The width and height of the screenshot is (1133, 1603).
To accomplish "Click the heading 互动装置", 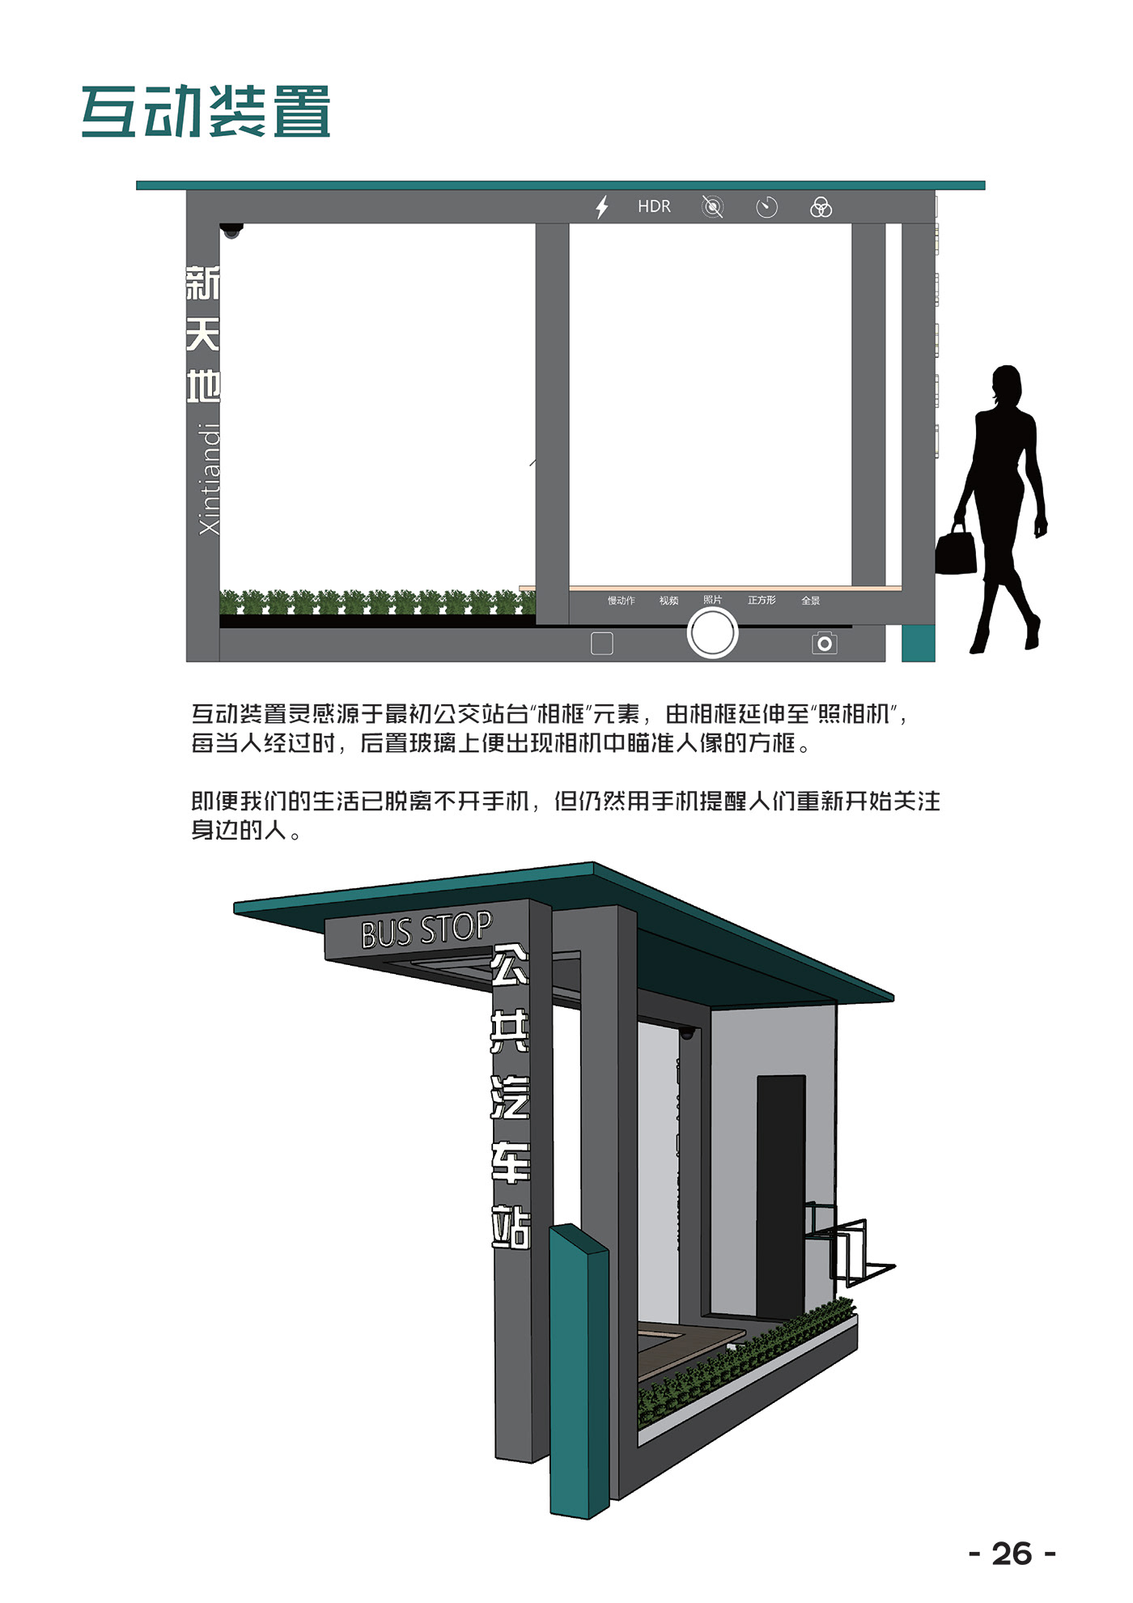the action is pos(206,111).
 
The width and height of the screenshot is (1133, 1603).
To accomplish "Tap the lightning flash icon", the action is pos(601,207).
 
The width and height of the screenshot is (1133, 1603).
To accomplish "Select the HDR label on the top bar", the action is pos(654,206).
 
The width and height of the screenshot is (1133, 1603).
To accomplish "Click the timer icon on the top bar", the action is pos(766,207).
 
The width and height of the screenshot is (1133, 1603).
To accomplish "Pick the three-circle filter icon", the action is pos(821,207).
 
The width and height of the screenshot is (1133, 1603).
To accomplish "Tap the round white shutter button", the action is pos(712,632).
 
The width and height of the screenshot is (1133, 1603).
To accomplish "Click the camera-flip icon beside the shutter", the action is pos(824,643).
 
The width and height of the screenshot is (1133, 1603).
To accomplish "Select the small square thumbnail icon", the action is pos(602,643).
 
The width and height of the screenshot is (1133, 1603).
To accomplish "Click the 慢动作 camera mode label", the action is pos(621,601).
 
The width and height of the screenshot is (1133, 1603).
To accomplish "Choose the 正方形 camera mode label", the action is pos(762,600).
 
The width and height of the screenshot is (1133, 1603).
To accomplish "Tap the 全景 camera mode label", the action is pos(810,601).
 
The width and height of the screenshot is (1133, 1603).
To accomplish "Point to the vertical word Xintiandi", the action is pos(209,478).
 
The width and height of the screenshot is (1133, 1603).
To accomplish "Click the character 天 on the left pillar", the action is pos(202,334).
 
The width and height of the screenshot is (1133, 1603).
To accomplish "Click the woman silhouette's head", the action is pos(1008,384).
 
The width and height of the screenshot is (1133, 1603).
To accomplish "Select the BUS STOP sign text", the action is pos(426,930).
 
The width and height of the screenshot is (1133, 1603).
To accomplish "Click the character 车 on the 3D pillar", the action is pos(510,1163).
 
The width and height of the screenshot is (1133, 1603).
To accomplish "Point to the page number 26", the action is pos(1012,1554).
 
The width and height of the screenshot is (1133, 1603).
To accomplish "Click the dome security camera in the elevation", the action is pos(232,231).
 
